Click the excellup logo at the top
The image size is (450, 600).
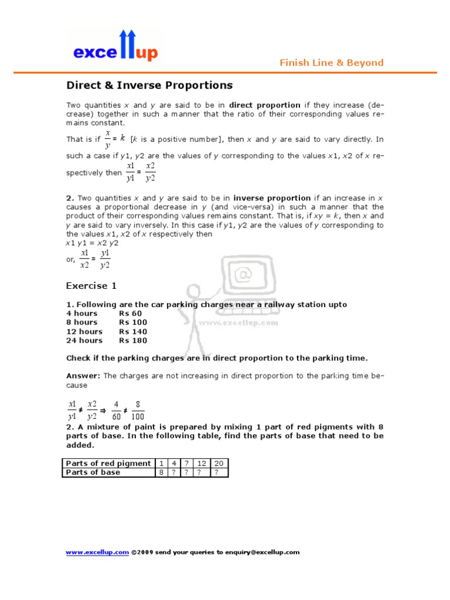[115, 47]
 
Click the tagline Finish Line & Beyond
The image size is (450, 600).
[331, 63]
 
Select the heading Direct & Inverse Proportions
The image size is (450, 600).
[149, 86]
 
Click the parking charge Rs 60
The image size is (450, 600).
[130, 313]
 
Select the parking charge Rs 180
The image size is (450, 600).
[133, 340]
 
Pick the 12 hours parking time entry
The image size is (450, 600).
[84, 332]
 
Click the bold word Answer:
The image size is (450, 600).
[83, 376]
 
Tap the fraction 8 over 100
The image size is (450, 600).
[138, 410]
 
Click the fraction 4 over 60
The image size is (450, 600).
[116, 410]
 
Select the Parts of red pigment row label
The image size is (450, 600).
[108, 463]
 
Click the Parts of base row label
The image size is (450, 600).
[93, 472]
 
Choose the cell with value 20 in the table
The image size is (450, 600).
[216, 463]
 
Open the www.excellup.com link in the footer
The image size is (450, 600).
[97, 552]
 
